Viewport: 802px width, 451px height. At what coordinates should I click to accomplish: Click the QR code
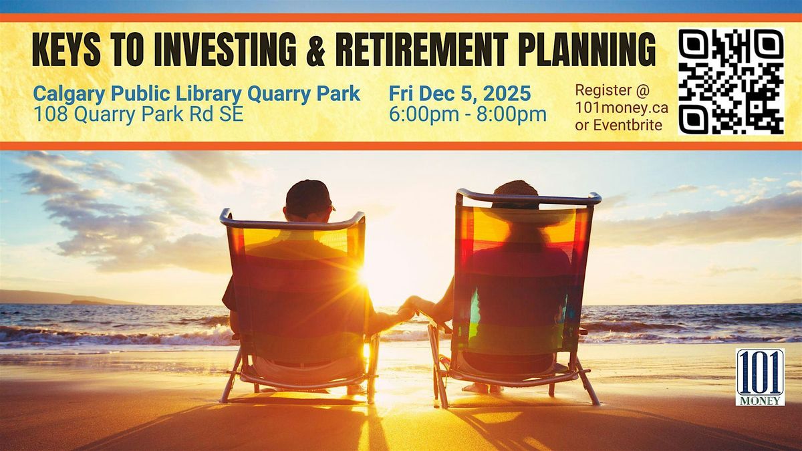(730, 82)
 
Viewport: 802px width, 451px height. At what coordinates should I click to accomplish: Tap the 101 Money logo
(760, 377)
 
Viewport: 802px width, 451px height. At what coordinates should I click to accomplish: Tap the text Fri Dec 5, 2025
(460, 93)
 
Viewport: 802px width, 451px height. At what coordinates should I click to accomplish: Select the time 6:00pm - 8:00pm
(467, 114)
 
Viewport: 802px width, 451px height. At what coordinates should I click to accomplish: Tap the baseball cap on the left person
(308, 197)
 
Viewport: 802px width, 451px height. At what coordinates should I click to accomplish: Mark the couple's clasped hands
(411, 306)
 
